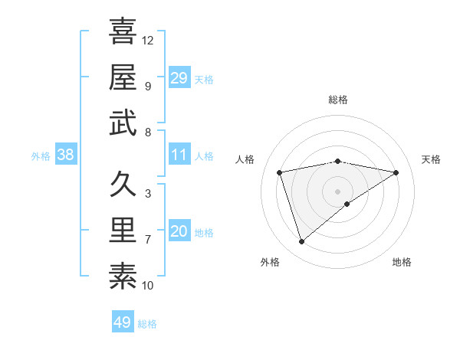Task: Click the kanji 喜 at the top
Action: [x=123, y=32]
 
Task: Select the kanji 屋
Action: [x=123, y=77]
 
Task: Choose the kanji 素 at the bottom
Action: [x=123, y=277]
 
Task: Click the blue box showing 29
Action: [x=179, y=78]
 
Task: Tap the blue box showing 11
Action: [x=179, y=155]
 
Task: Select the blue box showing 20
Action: [x=179, y=231]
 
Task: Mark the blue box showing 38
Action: [x=66, y=155]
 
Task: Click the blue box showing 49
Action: [x=123, y=322]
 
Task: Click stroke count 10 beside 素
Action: [x=149, y=286]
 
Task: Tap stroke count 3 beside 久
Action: [x=148, y=194]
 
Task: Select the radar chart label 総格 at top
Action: [x=338, y=100]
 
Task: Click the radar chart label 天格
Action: [x=432, y=159]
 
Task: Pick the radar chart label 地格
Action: [x=402, y=262]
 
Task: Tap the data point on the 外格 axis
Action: [x=302, y=242]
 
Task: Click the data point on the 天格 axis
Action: [x=396, y=172]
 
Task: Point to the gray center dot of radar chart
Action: [x=338, y=191]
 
